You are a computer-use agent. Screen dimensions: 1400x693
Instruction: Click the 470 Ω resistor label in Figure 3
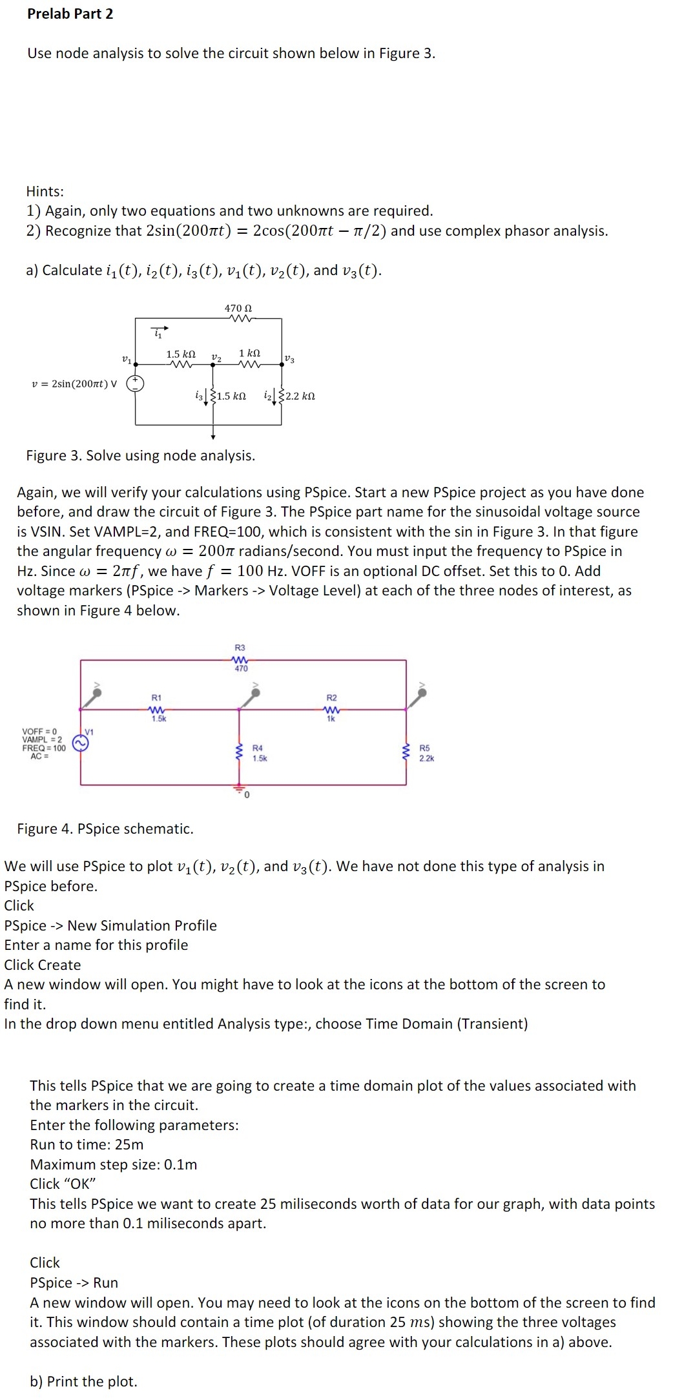pyautogui.click(x=238, y=308)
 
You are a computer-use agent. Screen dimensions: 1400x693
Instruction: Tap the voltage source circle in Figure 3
pyautogui.click(x=135, y=384)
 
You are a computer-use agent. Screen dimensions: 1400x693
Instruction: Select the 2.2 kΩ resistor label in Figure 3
pyautogui.click(x=300, y=396)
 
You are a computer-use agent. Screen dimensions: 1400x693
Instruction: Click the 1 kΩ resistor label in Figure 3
pyautogui.click(x=249, y=353)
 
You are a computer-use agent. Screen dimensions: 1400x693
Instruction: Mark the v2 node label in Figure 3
pyautogui.click(x=216, y=357)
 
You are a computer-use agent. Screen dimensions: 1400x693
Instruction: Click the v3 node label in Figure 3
pyautogui.click(x=289, y=359)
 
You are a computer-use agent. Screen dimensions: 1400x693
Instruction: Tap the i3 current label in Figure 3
pyautogui.click(x=199, y=395)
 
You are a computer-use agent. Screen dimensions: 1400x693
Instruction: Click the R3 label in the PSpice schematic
pyautogui.click(x=240, y=647)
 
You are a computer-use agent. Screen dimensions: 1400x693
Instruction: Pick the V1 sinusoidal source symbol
pyautogui.click(x=81, y=744)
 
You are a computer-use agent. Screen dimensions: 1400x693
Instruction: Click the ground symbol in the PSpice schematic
pyautogui.click(x=239, y=789)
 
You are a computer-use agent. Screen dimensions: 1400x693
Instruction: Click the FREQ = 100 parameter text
pyautogui.click(x=44, y=748)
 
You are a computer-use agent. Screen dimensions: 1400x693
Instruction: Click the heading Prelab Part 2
pyautogui.click(x=70, y=14)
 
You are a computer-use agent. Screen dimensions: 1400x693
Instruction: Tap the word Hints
pyautogui.click(x=45, y=191)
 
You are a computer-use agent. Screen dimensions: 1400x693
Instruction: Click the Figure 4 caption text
pyautogui.click(x=105, y=829)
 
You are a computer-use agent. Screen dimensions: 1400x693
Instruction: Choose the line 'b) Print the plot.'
pyautogui.click(x=83, y=1381)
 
